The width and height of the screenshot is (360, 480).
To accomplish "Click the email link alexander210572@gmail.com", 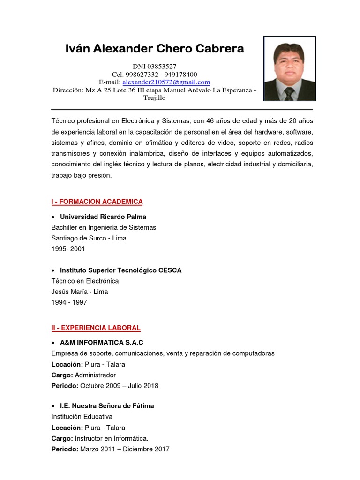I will (166, 82).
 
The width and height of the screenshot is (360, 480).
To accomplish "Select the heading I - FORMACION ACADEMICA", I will (97, 202).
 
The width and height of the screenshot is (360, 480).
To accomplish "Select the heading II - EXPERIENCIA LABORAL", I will (96, 328).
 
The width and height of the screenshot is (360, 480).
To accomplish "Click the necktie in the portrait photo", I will (289, 94).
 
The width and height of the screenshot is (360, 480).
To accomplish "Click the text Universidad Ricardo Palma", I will (103, 217).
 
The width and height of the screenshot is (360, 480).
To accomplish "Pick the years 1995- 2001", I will (68, 249).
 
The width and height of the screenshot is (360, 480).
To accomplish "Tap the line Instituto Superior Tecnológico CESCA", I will (120, 270).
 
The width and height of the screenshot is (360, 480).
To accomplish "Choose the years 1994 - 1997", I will (69, 302).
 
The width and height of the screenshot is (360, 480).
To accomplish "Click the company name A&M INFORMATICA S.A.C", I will (102, 343).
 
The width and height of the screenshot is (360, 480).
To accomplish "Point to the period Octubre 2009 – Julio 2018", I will (119, 386).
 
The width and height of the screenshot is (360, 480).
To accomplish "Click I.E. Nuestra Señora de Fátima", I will (107, 406).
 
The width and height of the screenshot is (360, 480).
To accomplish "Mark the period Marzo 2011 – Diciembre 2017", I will (125, 449).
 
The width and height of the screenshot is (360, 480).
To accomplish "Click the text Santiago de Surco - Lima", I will (89, 238).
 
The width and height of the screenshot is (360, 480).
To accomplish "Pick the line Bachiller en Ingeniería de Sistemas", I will (104, 227).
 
